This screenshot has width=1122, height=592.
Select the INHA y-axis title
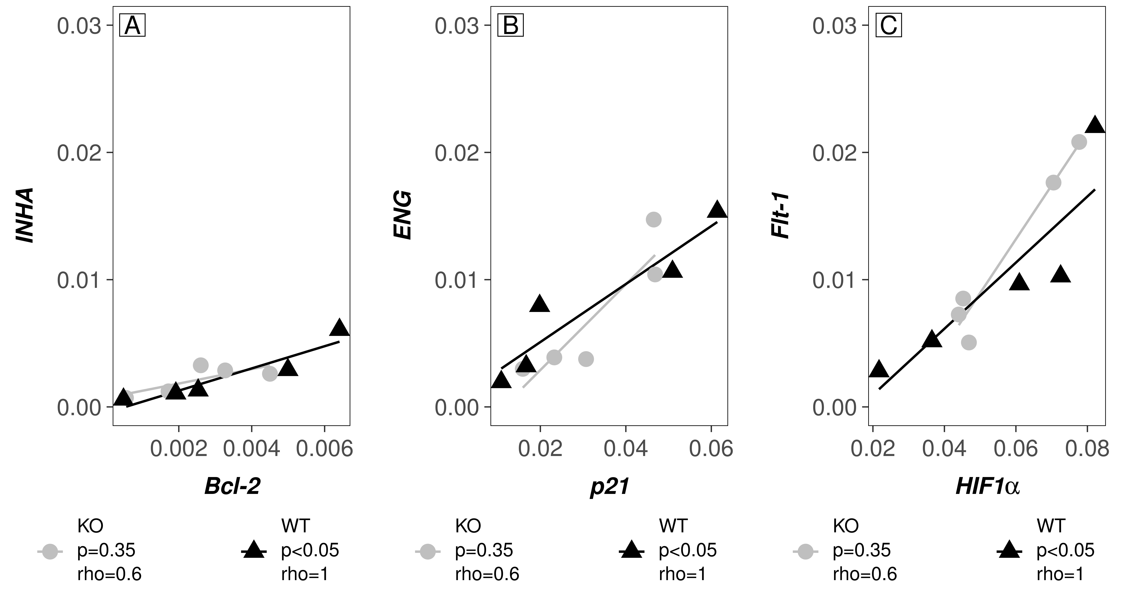(x=25, y=216)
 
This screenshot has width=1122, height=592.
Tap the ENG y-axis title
(x=402, y=216)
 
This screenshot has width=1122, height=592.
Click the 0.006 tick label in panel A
(x=324, y=449)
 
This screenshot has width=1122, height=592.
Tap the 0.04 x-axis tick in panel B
(x=626, y=449)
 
